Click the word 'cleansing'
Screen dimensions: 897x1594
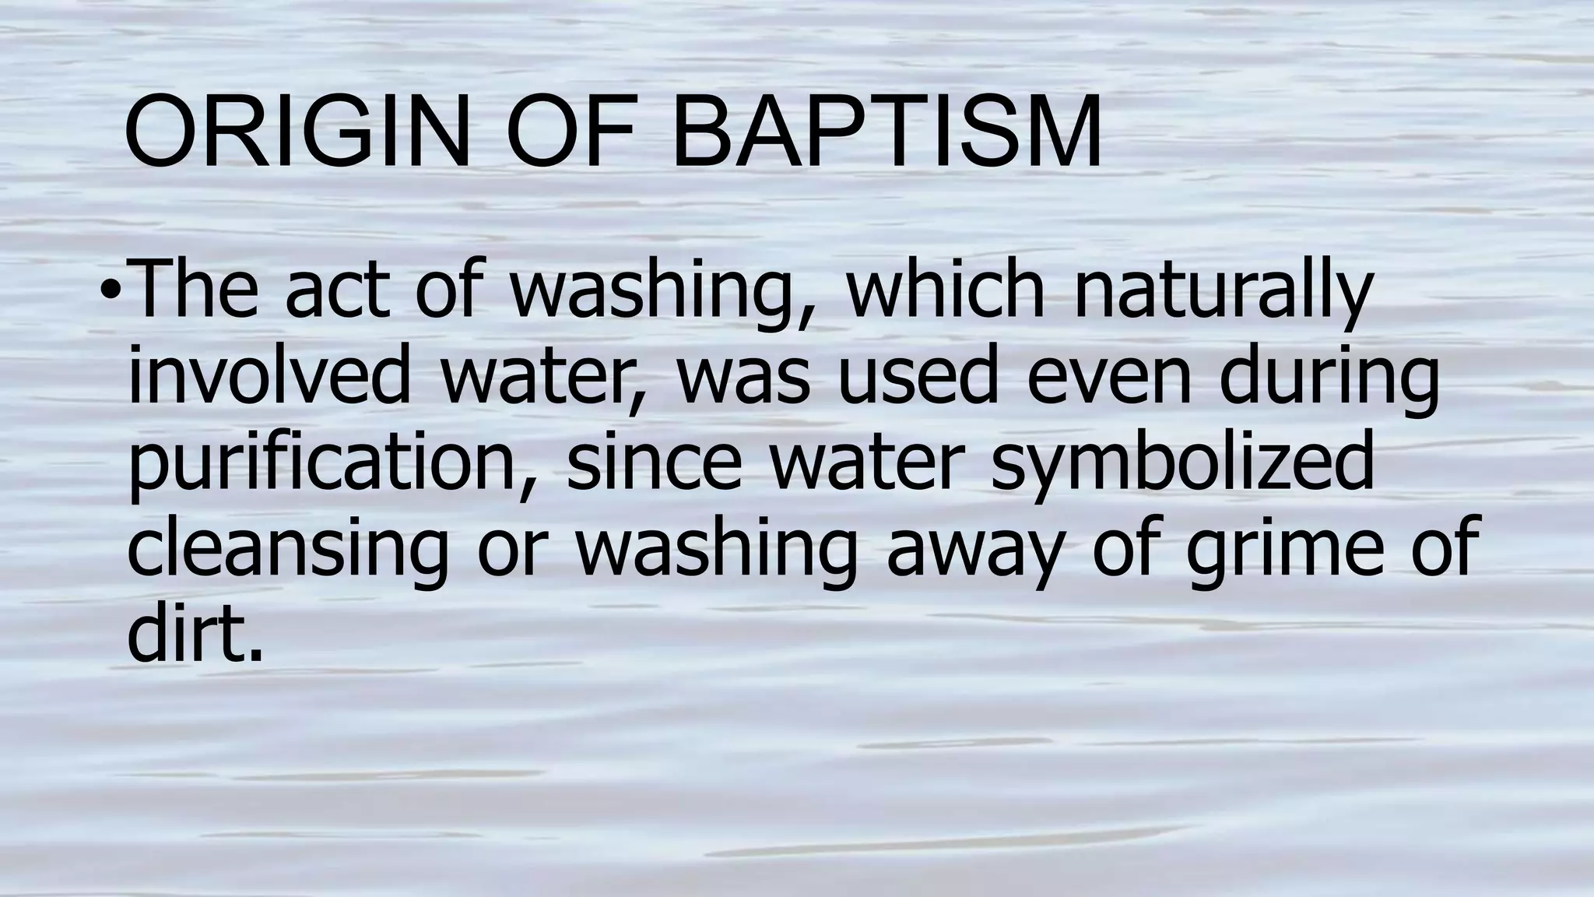click(x=288, y=548)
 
